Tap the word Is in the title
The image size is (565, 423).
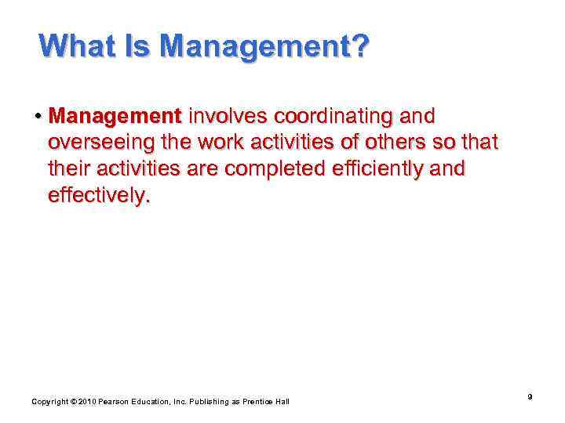click(141, 46)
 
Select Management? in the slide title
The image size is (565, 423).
click(264, 46)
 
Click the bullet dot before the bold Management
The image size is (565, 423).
click(37, 117)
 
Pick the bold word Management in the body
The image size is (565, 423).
click(115, 117)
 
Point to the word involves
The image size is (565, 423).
click(225, 117)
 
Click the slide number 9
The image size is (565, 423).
click(530, 397)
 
